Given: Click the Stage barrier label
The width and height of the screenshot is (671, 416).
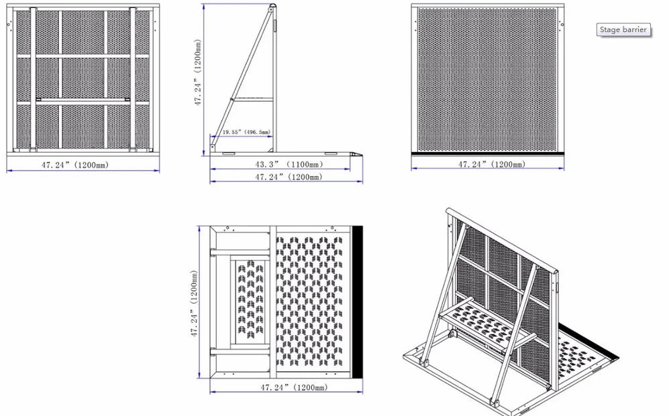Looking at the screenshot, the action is (623, 29).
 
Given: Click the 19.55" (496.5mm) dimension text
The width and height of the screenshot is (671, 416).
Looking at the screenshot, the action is (246, 132).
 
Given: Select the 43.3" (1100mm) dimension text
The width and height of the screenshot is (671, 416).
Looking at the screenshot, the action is (289, 164).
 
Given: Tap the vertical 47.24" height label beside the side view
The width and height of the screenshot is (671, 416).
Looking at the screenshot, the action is (197, 72).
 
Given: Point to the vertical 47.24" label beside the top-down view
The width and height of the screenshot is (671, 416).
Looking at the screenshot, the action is (195, 303).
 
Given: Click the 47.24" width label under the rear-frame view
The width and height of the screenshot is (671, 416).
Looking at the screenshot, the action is (75, 164).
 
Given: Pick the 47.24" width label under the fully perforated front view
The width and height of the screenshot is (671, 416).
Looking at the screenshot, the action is (492, 164).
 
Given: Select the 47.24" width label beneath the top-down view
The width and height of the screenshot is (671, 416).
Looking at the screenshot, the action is (294, 387).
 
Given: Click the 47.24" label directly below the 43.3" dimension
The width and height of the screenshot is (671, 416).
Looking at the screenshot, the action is (289, 177).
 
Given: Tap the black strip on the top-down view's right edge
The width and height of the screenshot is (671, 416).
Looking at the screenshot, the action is (357, 302).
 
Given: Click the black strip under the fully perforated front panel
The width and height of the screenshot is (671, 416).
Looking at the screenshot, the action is (487, 153).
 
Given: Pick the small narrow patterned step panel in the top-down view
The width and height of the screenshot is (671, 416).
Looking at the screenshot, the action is (250, 301).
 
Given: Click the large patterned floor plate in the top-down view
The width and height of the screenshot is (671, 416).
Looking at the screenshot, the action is (309, 301).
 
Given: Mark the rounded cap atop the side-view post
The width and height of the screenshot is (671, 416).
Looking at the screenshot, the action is (272, 7).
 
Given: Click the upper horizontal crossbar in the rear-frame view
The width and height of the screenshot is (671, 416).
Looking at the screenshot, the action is (83, 56).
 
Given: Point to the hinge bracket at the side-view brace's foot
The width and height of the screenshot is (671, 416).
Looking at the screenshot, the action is (212, 147).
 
